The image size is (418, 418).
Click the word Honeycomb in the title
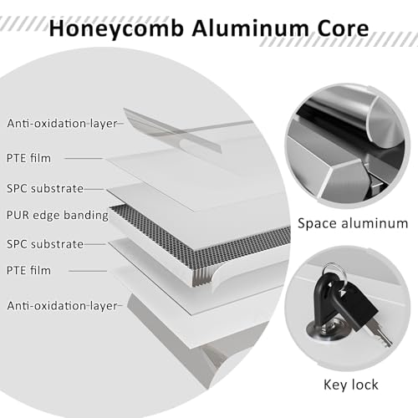[116, 29]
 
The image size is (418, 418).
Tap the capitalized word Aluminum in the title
[251, 28]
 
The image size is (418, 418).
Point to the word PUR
[18, 215]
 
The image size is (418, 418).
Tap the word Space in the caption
[318, 224]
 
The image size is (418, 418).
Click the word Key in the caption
[334, 385]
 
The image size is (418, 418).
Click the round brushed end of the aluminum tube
[386, 123]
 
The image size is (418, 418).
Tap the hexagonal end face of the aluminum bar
[344, 182]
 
